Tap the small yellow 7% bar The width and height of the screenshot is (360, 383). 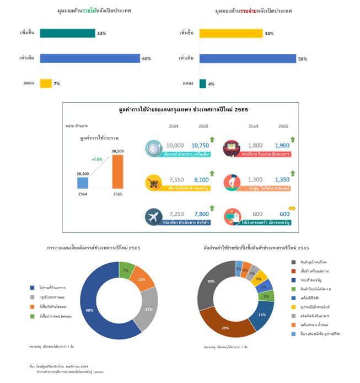point(46,83)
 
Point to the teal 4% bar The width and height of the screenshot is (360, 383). point(202,83)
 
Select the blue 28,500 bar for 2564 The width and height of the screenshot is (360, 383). point(83,183)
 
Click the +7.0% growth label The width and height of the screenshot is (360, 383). point(98,159)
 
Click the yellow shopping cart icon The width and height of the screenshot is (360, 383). point(153,183)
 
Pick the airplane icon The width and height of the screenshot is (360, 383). point(153,216)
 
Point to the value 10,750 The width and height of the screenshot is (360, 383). point(202,146)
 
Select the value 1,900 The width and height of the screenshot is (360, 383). point(282,146)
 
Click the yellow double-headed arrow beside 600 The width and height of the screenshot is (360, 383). point(292,208)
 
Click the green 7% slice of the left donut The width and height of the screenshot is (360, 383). point(126,269)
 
